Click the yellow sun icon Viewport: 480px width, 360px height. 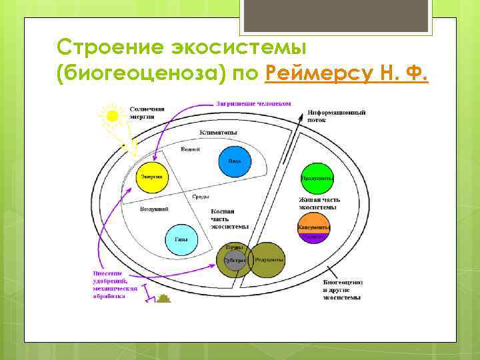tap(112, 116)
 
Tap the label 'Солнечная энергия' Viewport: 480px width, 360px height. tap(147, 112)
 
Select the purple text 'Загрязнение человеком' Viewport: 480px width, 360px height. tap(253, 103)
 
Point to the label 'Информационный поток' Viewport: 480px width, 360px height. tap(337, 116)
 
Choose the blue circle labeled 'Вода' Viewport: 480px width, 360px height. tap(234, 161)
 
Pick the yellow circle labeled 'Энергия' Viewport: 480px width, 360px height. tap(151, 177)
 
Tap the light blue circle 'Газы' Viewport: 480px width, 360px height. tap(180, 239)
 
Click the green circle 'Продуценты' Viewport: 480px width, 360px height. tap(317, 178)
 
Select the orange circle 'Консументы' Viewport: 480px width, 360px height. tap(313, 227)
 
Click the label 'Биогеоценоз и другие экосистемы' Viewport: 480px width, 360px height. tap(342, 289)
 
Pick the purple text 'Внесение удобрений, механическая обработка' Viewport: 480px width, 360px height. tap(115, 285)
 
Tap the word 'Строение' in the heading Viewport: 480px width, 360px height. tap(106, 47)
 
